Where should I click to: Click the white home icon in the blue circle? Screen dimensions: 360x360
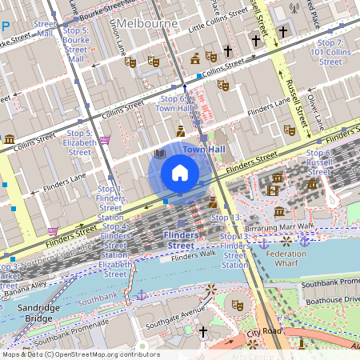point(180,172)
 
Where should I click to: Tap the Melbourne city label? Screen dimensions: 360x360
point(150,23)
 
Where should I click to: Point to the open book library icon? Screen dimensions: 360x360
point(159,153)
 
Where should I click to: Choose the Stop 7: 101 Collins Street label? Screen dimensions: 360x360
point(330,52)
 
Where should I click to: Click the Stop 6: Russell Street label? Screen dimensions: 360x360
point(318,162)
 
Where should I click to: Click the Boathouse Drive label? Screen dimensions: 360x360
point(330,298)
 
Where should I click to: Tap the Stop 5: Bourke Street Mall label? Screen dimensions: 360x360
point(76,44)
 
